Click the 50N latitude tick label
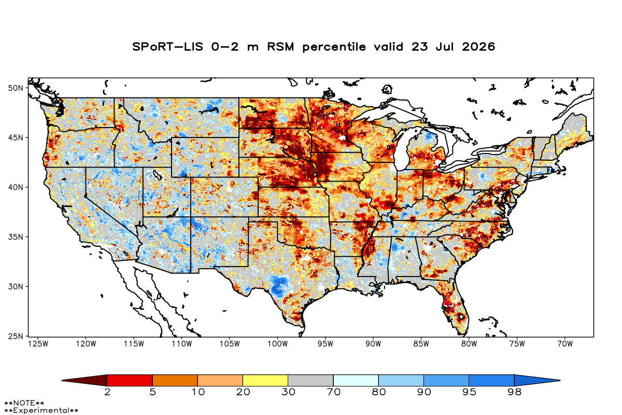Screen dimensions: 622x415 click(x=16, y=88)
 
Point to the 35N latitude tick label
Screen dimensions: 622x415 click(x=16, y=237)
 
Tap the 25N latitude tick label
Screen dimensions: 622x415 click(x=16, y=336)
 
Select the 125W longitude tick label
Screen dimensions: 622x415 click(x=38, y=344)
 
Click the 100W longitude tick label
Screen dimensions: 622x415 click(x=278, y=344)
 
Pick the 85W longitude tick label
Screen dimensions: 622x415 click(x=421, y=344)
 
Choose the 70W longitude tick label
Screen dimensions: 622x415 click(x=565, y=344)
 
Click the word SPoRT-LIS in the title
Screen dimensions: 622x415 click(x=168, y=47)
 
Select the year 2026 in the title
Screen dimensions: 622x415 click(x=478, y=47)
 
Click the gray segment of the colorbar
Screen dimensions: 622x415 click(x=310, y=380)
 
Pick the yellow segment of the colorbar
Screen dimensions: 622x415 click(x=265, y=380)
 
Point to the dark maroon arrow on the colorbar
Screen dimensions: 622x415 click(x=84, y=380)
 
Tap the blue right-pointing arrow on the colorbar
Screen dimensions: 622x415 click(x=537, y=380)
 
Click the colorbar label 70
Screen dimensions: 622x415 click(x=333, y=392)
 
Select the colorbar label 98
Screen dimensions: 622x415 click(x=515, y=392)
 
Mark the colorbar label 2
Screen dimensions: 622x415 click(x=107, y=392)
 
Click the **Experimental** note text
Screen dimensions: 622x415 click(x=41, y=410)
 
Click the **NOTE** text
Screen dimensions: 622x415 click(x=24, y=403)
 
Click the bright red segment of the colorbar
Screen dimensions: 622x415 click(x=130, y=380)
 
